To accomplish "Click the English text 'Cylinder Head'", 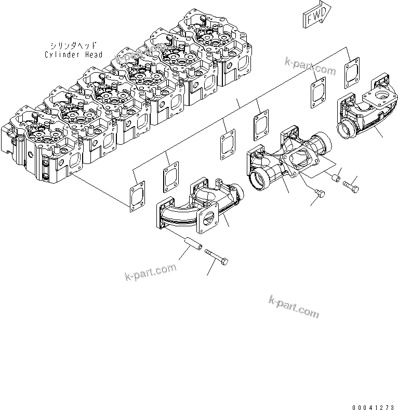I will click(73, 54).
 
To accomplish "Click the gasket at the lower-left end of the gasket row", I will click(137, 193).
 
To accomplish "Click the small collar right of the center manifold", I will click(336, 179).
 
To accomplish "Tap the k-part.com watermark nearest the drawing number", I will click(294, 306).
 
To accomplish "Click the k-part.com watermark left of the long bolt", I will click(151, 271).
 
